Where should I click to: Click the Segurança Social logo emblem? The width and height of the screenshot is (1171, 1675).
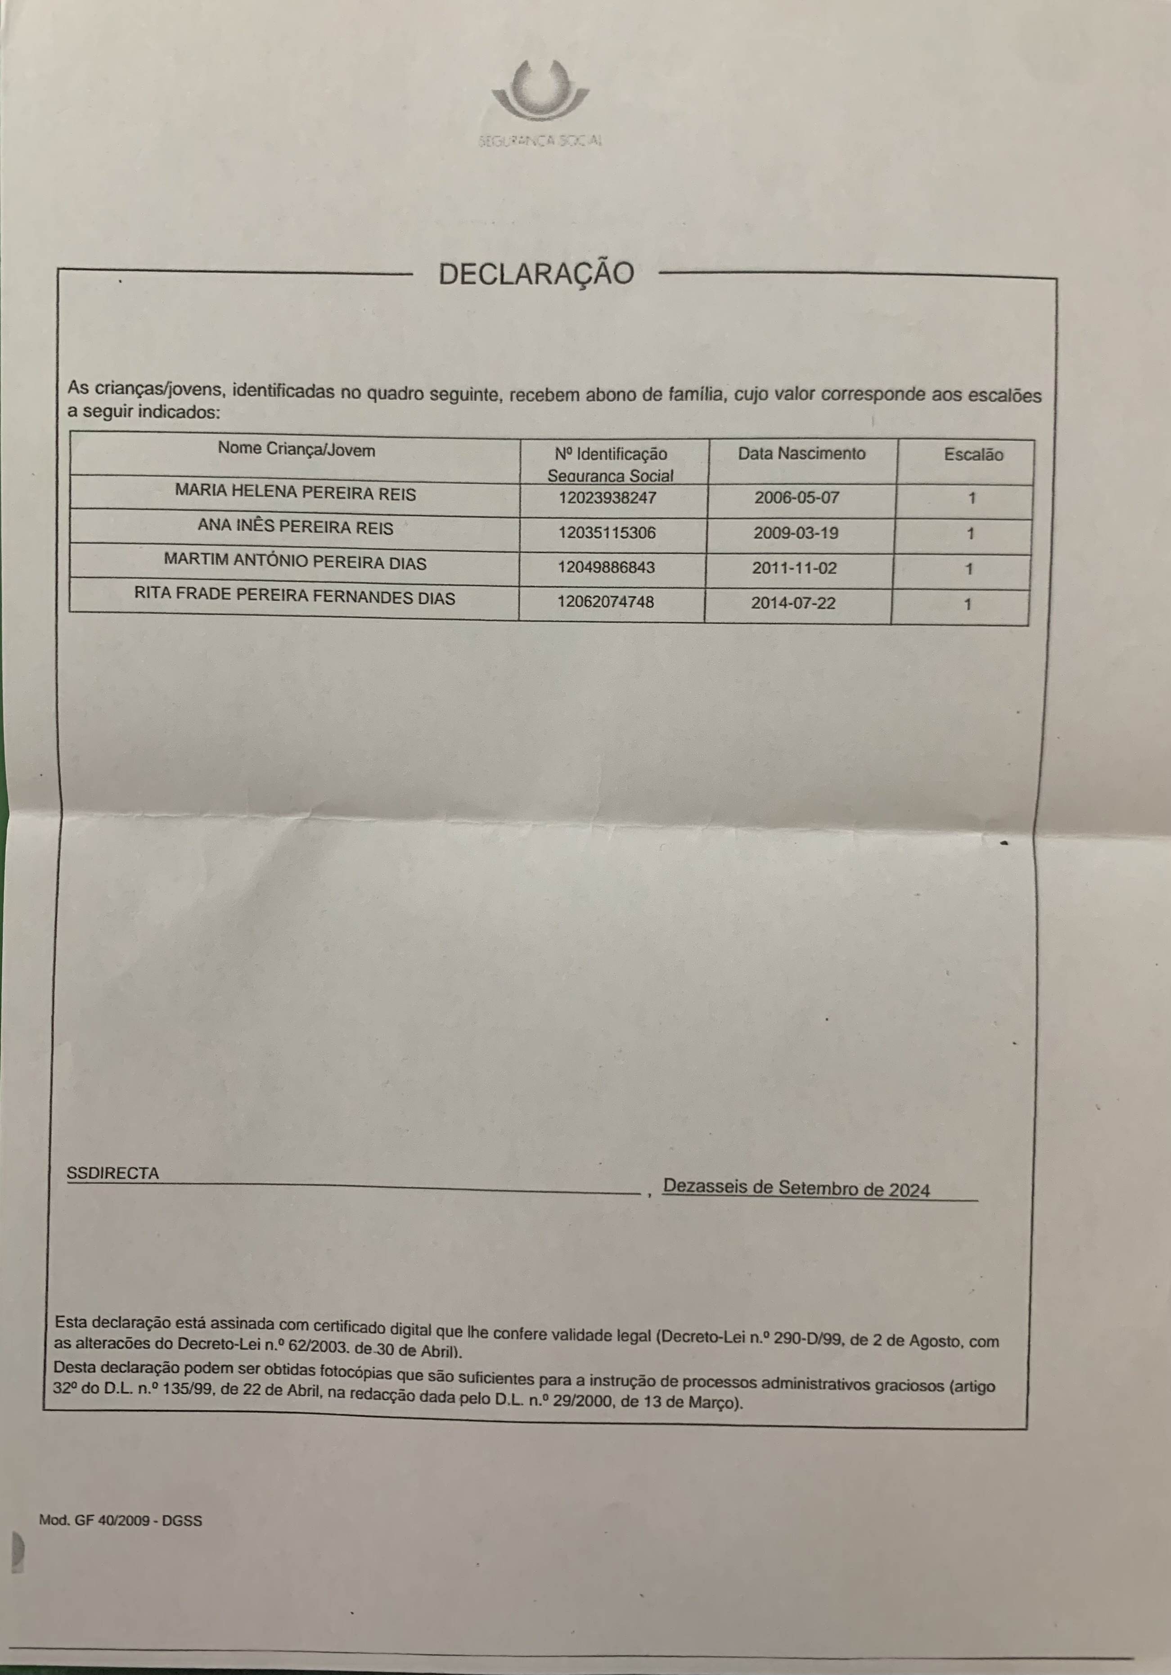tap(540, 91)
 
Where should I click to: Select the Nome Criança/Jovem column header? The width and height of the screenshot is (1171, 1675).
tap(296, 449)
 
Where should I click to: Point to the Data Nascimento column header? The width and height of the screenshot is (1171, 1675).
tap(801, 454)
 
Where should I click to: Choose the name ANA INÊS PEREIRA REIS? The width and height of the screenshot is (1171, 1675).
tap(295, 527)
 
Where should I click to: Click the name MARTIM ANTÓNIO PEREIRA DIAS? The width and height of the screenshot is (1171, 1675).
tap(295, 562)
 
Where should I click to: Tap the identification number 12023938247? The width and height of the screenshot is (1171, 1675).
tap(608, 498)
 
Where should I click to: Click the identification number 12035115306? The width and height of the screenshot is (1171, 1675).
tap(607, 533)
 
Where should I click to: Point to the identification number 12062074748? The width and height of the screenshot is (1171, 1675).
tap(606, 602)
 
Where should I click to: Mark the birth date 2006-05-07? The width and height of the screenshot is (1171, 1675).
tap(797, 498)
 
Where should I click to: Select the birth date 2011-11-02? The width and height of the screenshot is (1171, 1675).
tap(794, 568)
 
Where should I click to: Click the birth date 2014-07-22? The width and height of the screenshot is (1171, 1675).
tap(793, 603)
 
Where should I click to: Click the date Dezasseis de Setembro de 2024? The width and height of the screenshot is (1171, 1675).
tap(796, 1188)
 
